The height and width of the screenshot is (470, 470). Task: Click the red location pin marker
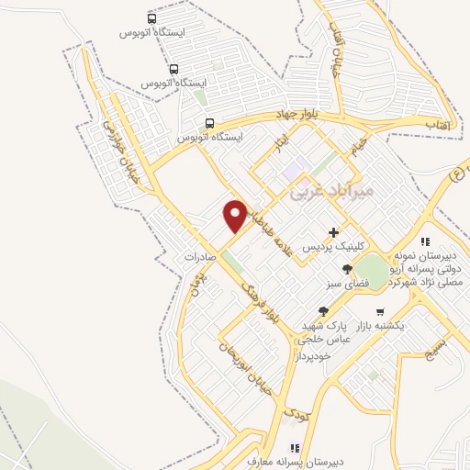[235, 215]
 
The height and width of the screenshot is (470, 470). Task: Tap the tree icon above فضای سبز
[347, 269]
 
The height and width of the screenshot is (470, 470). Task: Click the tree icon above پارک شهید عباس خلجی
[322, 311]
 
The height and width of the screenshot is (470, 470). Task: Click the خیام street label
[360, 144]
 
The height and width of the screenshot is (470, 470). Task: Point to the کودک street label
[296, 413]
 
